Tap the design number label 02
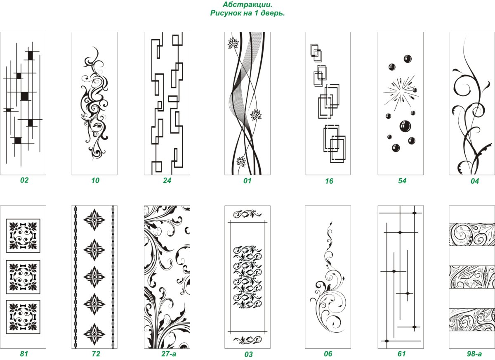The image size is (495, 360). click(24, 180)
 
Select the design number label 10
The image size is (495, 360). click(95, 180)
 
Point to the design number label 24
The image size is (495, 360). click(167, 180)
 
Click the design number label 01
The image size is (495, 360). click(247, 181)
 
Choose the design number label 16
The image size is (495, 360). click(329, 181)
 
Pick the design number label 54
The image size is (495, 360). click(402, 181)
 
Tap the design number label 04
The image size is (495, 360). click(475, 181)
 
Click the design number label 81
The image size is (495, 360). click(24, 354)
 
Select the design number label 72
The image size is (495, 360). click(96, 354)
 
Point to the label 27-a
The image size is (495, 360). click(169, 354)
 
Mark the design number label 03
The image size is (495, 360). click(248, 355)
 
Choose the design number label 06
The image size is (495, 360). click(328, 354)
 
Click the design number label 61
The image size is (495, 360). click(401, 354)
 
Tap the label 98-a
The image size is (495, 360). click(474, 354)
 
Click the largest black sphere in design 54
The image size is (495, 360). click(405, 126)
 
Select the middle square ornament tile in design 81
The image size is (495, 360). click(23, 277)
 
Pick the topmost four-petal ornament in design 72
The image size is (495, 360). click(94, 220)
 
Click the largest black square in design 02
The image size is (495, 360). click(24, 96)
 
